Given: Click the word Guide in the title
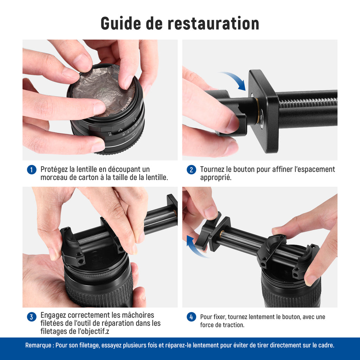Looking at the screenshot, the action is click(121, 24).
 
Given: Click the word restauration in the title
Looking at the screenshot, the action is click(213, 24).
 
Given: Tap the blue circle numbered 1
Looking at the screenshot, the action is click(32, 170).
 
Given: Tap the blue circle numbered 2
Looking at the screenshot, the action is click(191, 170).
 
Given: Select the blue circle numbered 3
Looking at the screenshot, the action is click(32, 317).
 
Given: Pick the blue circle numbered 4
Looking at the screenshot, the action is click(191, 317).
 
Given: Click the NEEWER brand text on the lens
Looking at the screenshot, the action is click(127, 104).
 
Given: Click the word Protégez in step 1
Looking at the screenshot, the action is click(54, 170).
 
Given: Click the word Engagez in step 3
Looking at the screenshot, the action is click(53, 315).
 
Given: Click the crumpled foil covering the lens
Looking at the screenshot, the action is click(103, 90).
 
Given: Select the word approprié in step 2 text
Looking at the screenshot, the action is click(216, 178).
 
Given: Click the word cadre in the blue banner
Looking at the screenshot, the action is click(326, 345).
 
